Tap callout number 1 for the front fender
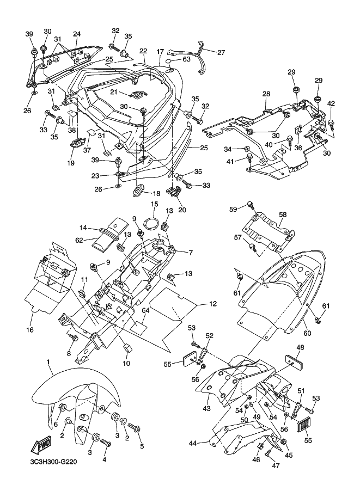(48, 362)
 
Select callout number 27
(221, 53)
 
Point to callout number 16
(30, 330)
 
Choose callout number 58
(283, 214)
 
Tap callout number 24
(77, 34)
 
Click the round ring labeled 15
(154, 223)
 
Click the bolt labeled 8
(72, 339)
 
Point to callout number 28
(266, 94)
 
